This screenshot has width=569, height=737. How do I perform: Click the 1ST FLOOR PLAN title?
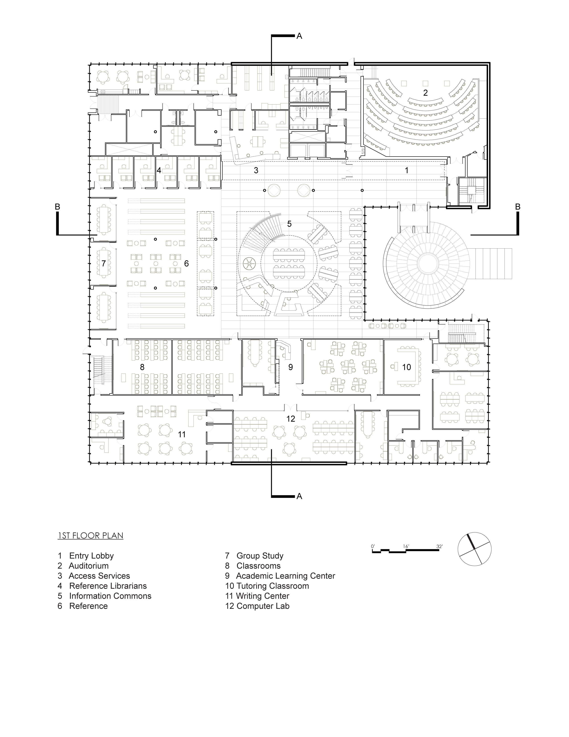[90, 536]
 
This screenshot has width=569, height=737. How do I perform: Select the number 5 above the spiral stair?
[289, 224]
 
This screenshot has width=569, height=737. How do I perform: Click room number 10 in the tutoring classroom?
[407, 367]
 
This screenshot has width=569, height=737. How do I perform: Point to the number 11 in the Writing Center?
[182, 435]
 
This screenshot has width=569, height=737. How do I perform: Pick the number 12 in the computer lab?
[291, 419]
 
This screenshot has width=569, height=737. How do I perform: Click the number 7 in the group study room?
[104, 263]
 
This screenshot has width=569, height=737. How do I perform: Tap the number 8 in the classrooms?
[142, 367]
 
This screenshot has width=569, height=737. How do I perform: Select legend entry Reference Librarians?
[108, 586]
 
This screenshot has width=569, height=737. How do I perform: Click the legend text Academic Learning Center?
[286, 576]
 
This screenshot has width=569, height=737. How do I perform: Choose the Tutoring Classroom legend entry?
[272, 586]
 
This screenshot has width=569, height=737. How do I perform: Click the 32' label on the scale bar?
[440, 546]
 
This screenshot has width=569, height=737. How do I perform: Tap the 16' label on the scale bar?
[406, 546]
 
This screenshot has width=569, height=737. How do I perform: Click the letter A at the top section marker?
[299, 36]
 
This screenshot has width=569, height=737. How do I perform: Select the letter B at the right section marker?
[518, 207]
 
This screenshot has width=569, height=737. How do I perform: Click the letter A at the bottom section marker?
[299, 496]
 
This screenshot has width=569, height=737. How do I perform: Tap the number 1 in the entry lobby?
[407, 170]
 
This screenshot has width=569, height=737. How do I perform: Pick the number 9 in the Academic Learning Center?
[291, 367]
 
